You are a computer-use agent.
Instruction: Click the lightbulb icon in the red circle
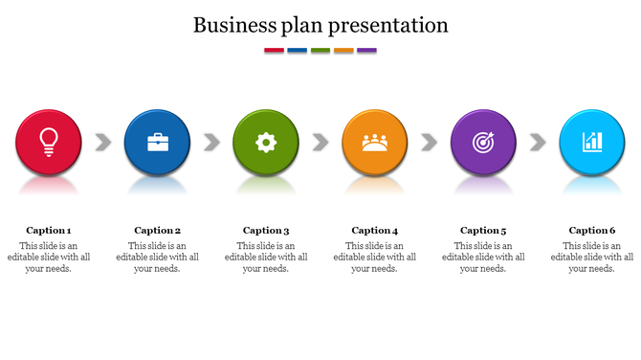tap(48, 142)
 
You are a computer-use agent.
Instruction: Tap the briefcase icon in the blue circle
tap(157, 143)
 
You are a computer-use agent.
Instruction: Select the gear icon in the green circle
tap(266, 143)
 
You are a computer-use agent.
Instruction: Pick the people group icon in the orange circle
tap(374, 143)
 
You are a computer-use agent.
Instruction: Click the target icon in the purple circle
tap(483, 143)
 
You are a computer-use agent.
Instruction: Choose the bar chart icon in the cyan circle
tap(592, 143)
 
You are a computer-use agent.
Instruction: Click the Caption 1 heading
tap(49, 230)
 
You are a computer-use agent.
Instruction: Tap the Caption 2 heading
tap(158, 230)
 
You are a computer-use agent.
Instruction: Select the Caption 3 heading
tap(266, 230)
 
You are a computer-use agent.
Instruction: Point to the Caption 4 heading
tap(375, 230)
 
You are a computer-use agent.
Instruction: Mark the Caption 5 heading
tap(483, 230)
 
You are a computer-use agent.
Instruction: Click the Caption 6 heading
tap(592, 230)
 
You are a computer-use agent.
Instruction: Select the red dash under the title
tap(274, 50)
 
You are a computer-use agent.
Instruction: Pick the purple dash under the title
tap(366, 50)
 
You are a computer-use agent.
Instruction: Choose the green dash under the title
tap(320, 50)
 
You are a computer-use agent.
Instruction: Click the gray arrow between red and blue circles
tap(102, 143)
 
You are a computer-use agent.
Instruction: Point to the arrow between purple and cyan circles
tap(538, 143)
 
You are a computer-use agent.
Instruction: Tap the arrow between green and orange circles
tap(320, 143)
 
